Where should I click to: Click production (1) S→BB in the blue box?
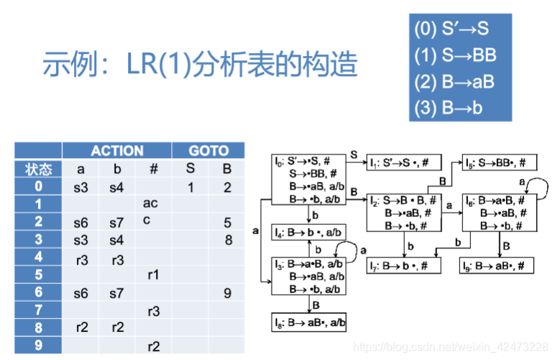pos(455,55)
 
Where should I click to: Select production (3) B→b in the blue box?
pos(449,108)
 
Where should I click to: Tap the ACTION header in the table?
pos(116,151)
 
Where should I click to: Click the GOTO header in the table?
pos(208,151)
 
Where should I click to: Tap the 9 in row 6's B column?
pos(229,292)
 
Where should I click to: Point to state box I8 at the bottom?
pos(309,323)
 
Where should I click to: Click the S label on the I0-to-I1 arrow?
pos(354,154)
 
